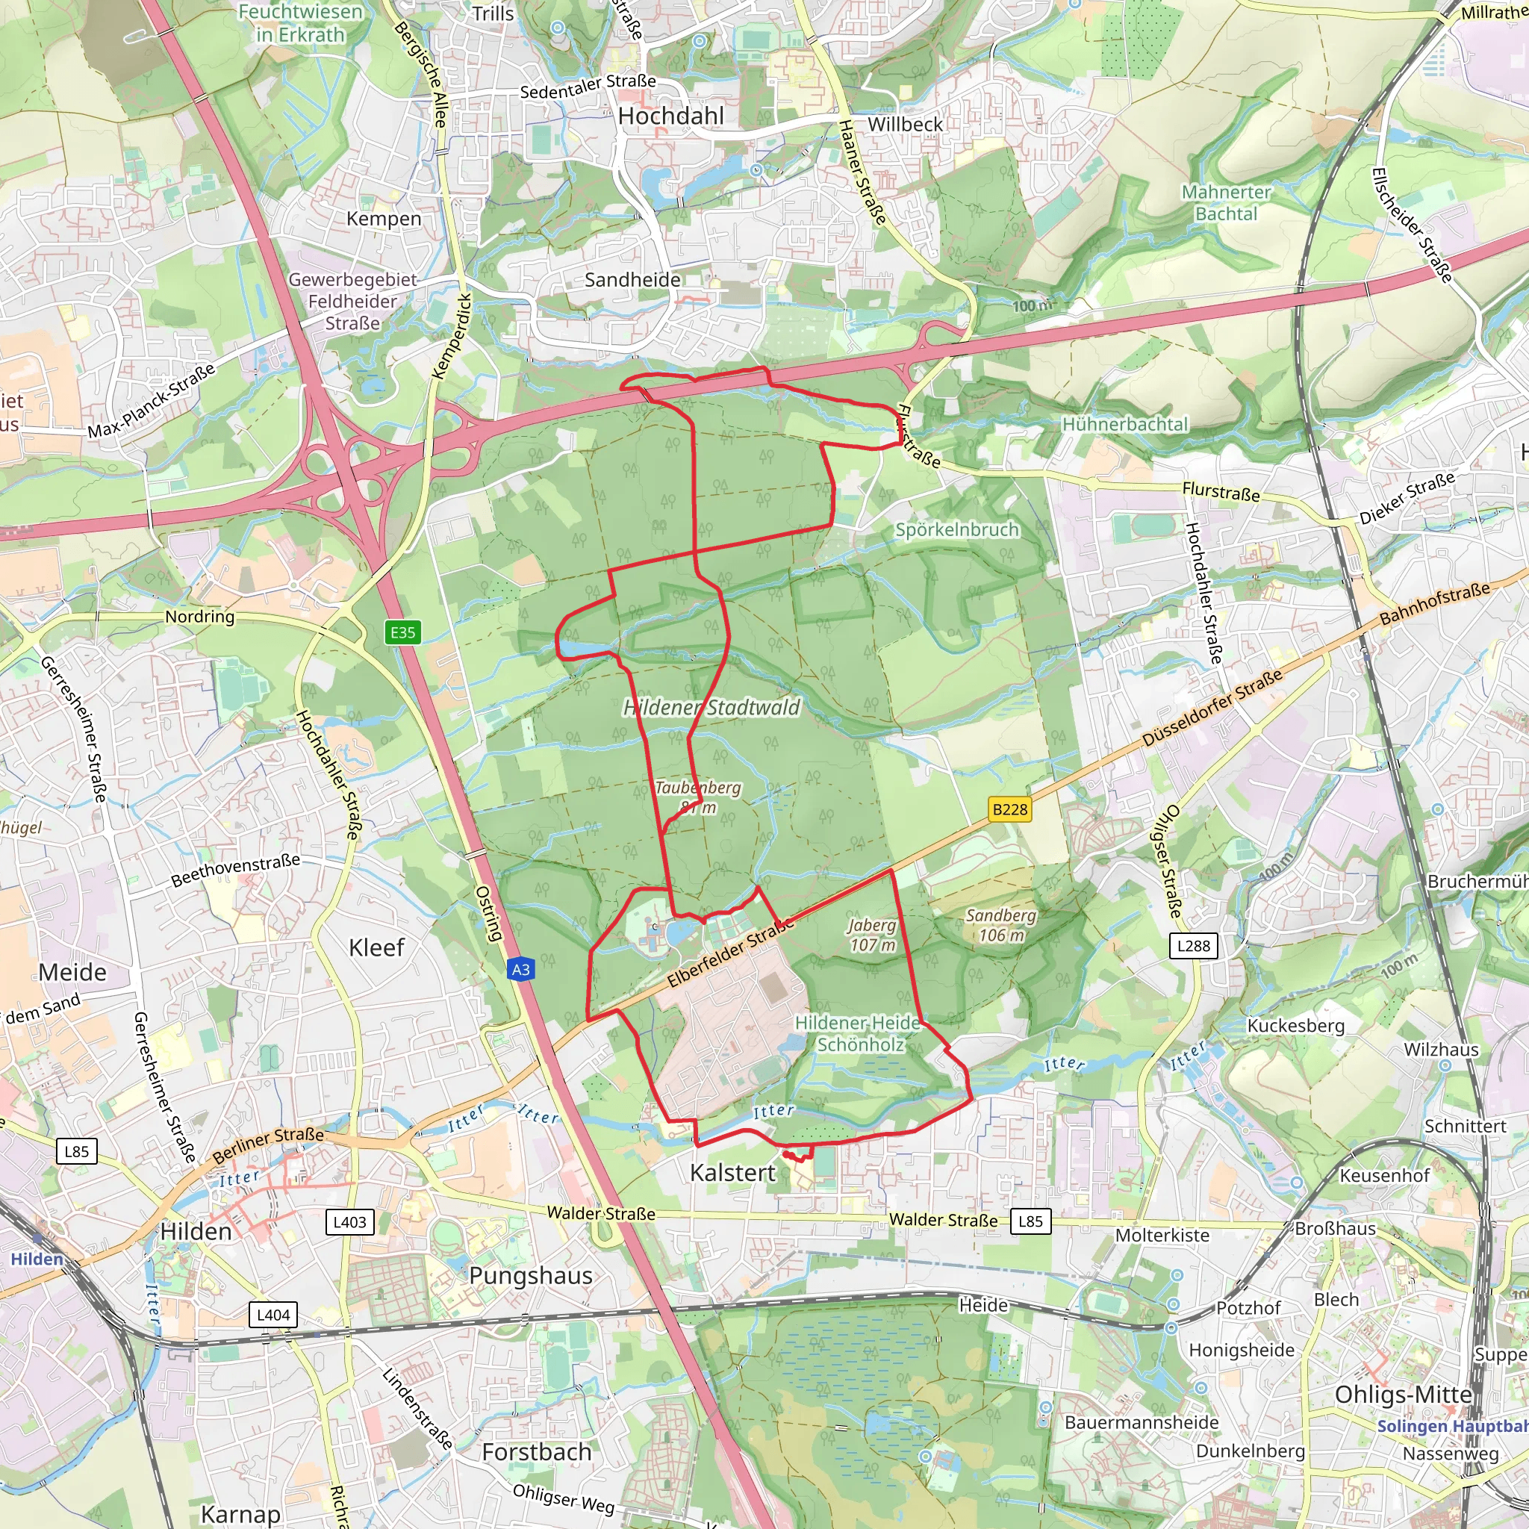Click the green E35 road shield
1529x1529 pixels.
coord(402,632)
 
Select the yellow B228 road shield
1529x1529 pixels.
coord(1010,809)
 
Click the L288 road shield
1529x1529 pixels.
coord(1194,945)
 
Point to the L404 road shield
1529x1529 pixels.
coord(273,1315)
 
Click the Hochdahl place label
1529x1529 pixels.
coord(670,116)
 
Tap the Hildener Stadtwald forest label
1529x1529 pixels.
coord(711,708)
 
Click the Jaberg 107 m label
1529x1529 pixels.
coord(872,935)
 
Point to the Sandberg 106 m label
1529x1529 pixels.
coord(1001,925)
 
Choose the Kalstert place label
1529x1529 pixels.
coord(732,1172)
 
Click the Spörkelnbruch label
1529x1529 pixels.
coord(956,529)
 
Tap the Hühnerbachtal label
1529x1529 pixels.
coord(1124,424)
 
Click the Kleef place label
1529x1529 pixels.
coord(376,947)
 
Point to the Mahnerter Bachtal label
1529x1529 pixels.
coord(1226,202)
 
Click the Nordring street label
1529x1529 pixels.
coord(199,616)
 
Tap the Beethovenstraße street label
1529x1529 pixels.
coord(236,870)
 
